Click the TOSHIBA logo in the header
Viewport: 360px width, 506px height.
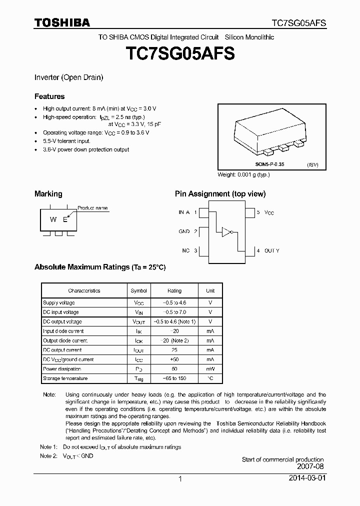click(62, 22)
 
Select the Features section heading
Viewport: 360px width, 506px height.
click(49, 96)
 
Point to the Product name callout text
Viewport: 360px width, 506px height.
click(92, 208)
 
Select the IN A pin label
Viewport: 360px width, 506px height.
click(184, 212)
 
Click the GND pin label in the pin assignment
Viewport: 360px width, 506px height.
click(184, 231)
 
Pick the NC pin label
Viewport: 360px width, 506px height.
click(185, 250)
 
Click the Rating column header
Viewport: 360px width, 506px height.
click(174, 290)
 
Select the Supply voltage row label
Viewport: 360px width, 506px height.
click(59, 303)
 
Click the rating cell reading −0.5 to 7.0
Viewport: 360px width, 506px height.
click(174, 312)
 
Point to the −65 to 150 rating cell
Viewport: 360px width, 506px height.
click(174, 378)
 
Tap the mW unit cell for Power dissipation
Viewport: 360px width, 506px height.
click(210, 369)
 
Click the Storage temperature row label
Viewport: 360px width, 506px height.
click(65, 378)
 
